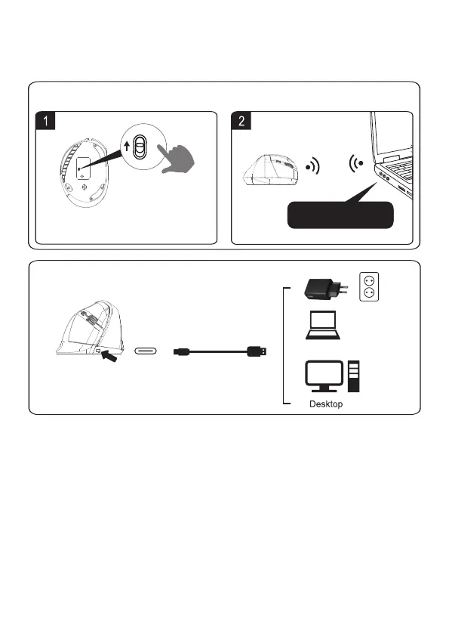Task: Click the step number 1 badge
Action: click(x=45, y=120)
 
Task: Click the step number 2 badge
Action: click(x=241, y=120)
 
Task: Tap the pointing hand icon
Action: click(x=176, y=159)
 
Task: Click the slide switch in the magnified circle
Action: click(x=140, y=147)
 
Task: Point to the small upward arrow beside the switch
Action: click(x=127, y=146)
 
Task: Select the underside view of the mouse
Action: click(x=84, y=172)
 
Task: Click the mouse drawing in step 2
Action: click(x=270, y=170)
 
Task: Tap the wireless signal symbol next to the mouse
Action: click(x=313, y=166)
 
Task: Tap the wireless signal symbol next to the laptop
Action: click(x=355, y=163)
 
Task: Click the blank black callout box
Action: click(x=340, y=215)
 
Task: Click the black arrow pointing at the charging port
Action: click(x=109, y=356)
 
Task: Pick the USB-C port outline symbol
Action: click(x=146, y=351)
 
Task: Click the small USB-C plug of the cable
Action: click(x=180, y=351)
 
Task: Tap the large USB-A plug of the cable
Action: click(x=257, y=351)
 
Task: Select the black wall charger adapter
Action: click(x=325, y=289)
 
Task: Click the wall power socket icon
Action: click(x=369, y=286)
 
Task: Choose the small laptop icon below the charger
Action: click(x=323, y=325)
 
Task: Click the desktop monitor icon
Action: click(x=324, y=376)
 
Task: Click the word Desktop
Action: click(x=326, y=404)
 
